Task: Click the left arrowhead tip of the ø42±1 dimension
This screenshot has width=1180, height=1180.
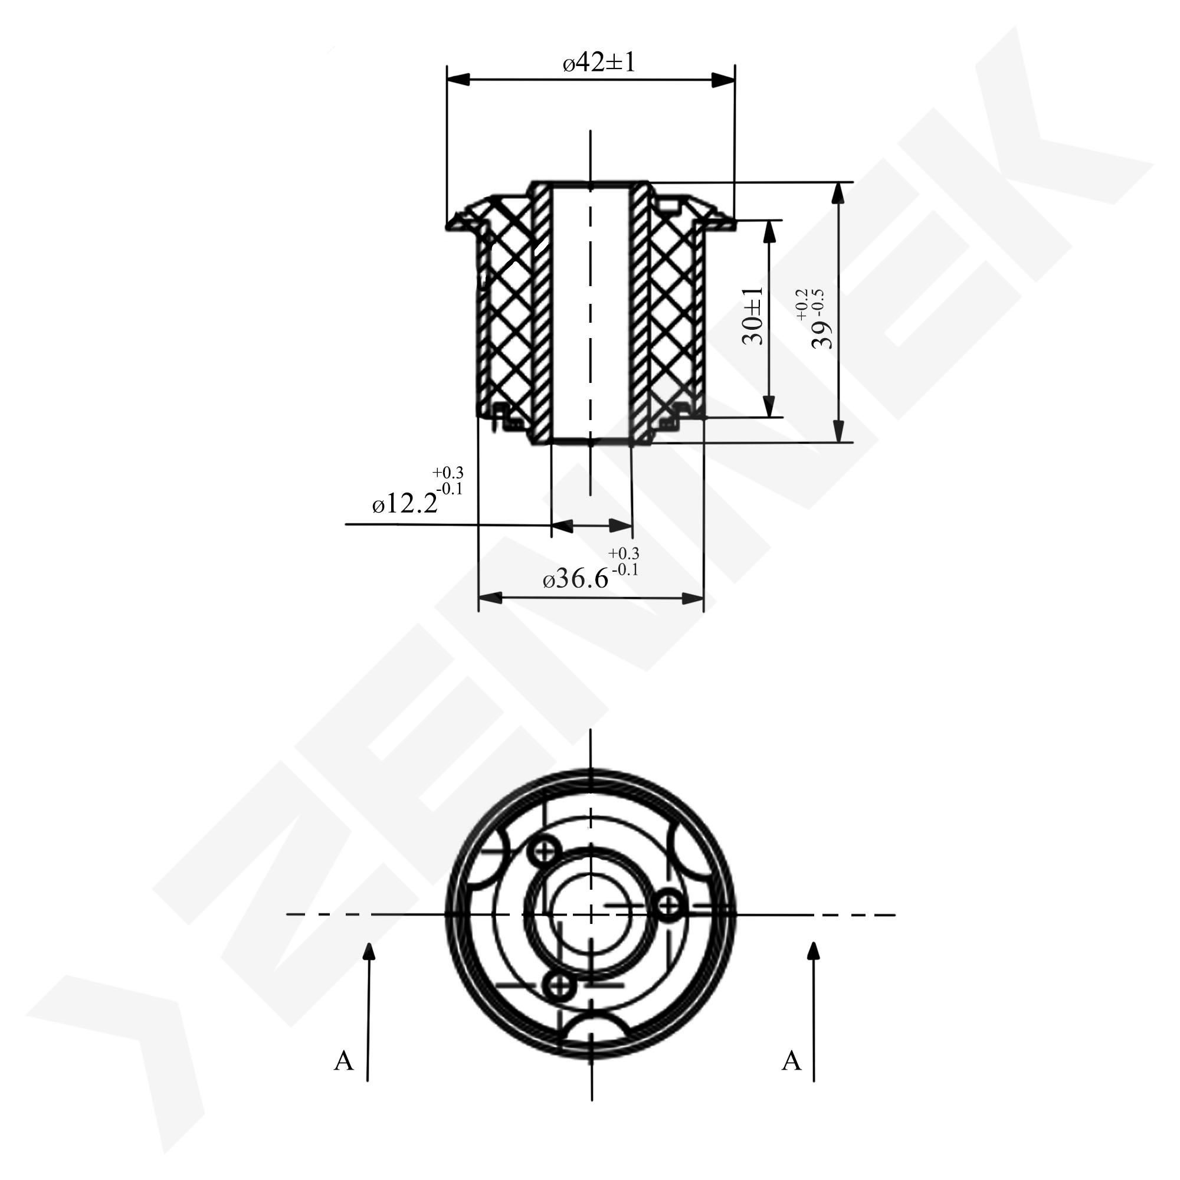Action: (x=447, y=80)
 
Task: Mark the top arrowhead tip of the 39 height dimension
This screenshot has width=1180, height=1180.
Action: (x=838, y=183)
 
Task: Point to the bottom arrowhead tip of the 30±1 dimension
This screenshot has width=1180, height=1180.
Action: (x=769, y=418)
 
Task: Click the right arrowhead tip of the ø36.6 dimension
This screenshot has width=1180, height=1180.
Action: (x=704, y=598)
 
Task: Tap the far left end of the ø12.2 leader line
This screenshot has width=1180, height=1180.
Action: (x=346, y=524)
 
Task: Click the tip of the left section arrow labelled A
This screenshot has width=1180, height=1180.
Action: (x=368, y=943)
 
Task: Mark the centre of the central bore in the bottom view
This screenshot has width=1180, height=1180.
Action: (x=591, y=914)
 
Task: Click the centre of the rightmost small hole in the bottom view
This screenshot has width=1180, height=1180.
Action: (x=669, y=903)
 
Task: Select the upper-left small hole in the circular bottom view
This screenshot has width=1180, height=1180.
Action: (x=543, y=849)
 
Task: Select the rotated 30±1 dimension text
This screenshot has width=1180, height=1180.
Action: (x=752, y=316)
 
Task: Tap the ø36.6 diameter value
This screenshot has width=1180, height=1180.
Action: (x=576, y=577)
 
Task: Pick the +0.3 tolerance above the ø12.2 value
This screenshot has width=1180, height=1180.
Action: (x=448, y=472)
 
